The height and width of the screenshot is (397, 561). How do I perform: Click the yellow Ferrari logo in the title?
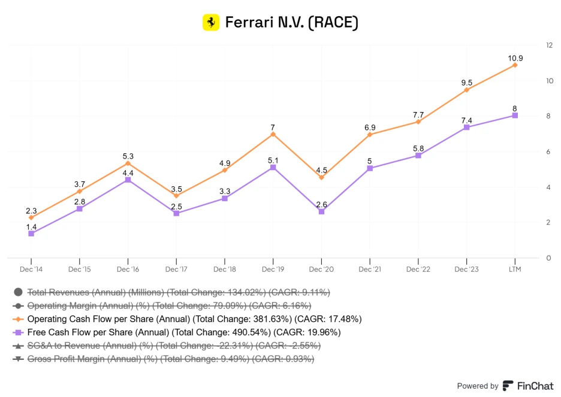point(211,22)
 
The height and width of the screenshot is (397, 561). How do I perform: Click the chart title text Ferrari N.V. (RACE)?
point(291,23)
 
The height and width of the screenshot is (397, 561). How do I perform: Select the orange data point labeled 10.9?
point(514,65)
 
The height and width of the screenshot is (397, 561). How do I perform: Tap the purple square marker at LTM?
point(514,116)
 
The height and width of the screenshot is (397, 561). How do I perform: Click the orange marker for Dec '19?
point(273,134)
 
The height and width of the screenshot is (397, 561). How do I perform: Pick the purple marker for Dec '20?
point(321,211)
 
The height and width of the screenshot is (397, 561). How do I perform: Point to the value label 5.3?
point(128,156)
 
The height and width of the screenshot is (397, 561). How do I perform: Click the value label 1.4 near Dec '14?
point(31,227)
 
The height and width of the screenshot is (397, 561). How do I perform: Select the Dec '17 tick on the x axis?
point(176,269)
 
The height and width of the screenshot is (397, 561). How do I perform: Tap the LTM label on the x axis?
point(514,269)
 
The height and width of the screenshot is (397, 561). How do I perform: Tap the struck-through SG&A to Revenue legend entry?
point(174,346)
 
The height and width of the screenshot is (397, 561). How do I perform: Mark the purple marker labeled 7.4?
point(466,127)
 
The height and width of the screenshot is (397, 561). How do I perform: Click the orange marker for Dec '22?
point(418,122)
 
